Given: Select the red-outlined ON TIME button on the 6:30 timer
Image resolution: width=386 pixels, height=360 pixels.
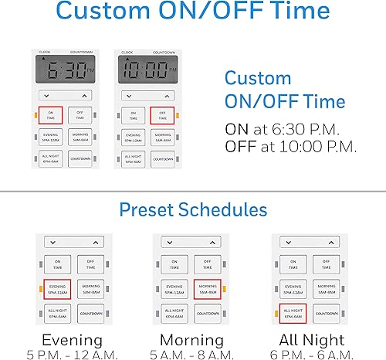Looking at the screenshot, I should coord(50,116).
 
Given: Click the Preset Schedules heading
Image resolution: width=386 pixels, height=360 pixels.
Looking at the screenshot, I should coord(193,209).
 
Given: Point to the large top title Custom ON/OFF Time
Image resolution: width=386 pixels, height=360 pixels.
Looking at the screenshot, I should coord(193,14).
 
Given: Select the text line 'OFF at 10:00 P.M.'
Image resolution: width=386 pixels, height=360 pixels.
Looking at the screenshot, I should coord(289,147).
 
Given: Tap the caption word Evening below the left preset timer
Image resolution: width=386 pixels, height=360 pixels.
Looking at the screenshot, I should coord(72,340).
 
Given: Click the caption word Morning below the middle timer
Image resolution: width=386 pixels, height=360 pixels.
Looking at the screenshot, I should coord(193,340).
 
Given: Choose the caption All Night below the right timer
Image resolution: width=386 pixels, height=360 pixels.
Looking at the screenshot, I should coord(313,340).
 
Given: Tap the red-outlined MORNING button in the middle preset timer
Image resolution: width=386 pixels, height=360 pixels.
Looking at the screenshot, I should coord(208,290).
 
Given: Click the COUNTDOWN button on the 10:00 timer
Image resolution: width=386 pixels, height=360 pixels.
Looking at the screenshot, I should coord(161,159).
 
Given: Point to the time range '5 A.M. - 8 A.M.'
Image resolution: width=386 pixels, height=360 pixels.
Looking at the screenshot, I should coord(193,353).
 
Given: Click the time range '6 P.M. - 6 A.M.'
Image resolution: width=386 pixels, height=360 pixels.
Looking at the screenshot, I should coord(313,353).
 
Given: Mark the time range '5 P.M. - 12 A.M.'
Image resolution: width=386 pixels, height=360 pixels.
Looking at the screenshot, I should coord(72,353).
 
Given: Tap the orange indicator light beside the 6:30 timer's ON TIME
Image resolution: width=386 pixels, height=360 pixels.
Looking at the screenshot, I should coord(35,116).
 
